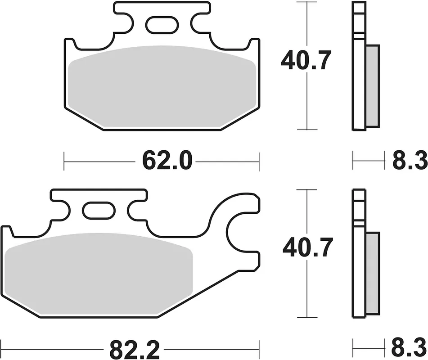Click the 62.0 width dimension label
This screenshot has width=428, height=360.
167,161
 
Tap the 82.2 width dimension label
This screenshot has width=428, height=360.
134,350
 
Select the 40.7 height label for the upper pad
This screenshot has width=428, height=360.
306,60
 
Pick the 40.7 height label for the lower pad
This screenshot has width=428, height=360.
308,247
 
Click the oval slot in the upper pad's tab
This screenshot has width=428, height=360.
162,25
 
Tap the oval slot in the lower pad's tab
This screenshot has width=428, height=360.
99,211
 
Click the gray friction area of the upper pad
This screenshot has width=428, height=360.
162,86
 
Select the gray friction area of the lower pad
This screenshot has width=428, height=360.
99,274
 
